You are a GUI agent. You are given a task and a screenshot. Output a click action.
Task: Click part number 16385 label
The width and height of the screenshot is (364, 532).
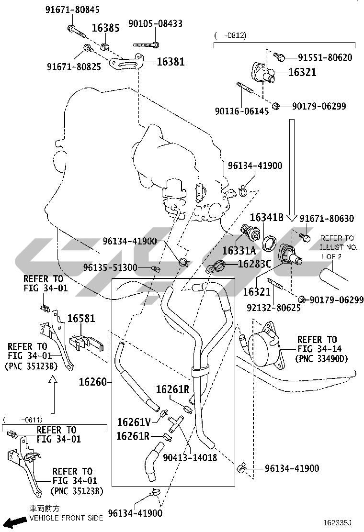pyautogui.click(x=105, y=28)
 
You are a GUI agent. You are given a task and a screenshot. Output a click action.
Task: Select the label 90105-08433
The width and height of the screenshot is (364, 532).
pyautogui.click(x=155, y=23)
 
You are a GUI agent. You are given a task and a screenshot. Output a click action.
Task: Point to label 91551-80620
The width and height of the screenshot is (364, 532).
pyautogui.click(x=325, y=58)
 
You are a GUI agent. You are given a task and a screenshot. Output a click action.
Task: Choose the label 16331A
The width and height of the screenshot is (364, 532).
pyautogui.click(x=239, y=250)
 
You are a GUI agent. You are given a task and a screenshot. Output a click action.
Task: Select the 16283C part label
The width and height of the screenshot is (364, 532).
pyautogui.click(x=254, y=263)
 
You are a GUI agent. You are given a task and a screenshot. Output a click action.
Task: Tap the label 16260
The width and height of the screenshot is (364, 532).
pyautogui.click(x=93, y=382)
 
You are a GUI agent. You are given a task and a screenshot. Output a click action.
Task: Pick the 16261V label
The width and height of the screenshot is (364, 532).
pyautogui.click(x=134, y=422)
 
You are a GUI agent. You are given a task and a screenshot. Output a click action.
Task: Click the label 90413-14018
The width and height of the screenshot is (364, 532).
pyautogui.click(x=190, y=458)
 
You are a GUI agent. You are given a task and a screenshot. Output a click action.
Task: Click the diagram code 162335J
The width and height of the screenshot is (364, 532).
pyautogui.click(x=337, y=523)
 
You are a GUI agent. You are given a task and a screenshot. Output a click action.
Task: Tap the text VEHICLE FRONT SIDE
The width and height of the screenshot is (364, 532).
pyautogui.click(x=66, y=518)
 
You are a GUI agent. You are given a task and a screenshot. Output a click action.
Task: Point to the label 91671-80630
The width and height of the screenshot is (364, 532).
pyautogui.click(x=327, y=219)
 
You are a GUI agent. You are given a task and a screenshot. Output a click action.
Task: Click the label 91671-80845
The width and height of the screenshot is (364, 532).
pyautogui.click(x=73, y=10)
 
